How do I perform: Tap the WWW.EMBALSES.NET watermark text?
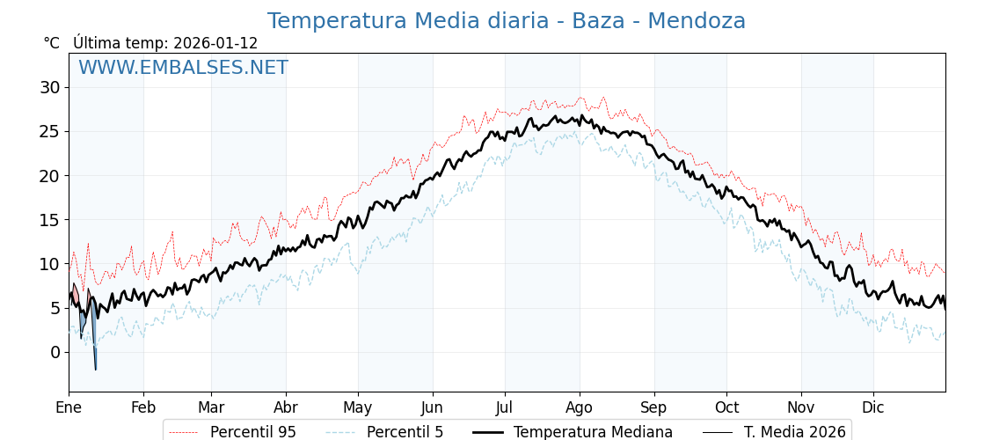[x=183, y=68]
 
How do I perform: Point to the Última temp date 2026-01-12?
[x=215, y=43]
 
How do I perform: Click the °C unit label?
[x=52, y=43]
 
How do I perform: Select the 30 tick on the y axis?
[x=49, y=87]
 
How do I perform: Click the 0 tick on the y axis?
[x=55, y=352]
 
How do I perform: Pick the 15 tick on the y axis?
[x=49, y=220]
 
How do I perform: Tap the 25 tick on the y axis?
[x=49, y=131]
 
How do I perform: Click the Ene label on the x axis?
[x=69, y=408]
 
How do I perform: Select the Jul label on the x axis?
[x=505, y=408]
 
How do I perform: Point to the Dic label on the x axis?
[x=873, y=408]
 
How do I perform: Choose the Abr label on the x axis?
[x=286, y=408]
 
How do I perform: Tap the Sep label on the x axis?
[x=654, y=408]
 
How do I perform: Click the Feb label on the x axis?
[x=143, y=408]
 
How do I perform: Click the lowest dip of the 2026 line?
[x=95, y=369]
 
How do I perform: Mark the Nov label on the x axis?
[x=801, y=408]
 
